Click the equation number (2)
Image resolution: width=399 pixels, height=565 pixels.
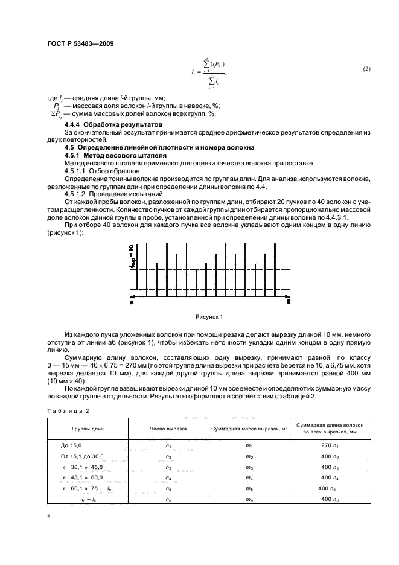[x=366, y=69]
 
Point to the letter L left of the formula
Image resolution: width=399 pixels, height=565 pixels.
[x=192, y=73]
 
